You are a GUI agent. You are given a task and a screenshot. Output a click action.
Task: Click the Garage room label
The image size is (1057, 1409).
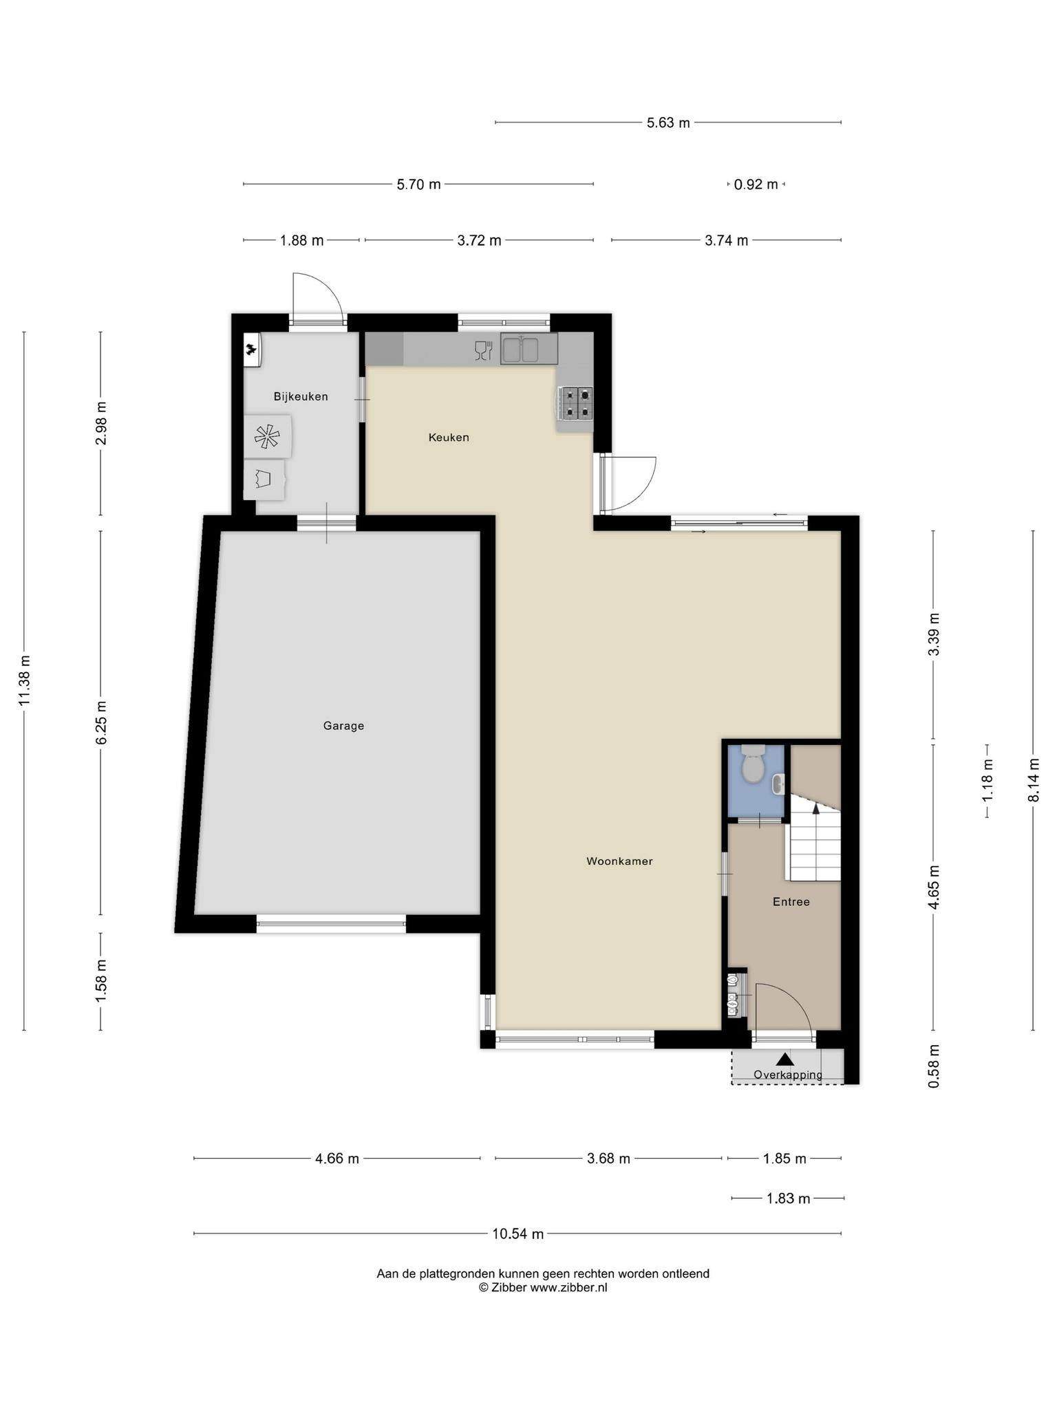pos(343,725)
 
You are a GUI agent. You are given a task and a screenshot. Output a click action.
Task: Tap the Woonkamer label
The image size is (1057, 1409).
pos(619,861)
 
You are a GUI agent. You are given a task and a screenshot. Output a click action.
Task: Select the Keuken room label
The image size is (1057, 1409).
pos(449,437)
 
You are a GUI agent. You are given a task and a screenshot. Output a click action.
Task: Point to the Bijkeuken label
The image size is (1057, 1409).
pos(301,396)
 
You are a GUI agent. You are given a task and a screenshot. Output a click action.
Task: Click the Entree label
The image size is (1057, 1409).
pos(791,901)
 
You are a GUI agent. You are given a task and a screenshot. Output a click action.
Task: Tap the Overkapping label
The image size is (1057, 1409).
pos(787,1075)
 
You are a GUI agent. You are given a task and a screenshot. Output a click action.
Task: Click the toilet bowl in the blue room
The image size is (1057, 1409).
pos(753,766)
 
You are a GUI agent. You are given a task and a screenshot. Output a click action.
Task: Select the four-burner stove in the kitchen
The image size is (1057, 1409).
pos(577,403)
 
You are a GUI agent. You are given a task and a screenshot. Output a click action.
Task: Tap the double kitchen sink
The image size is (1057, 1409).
pos(528,349)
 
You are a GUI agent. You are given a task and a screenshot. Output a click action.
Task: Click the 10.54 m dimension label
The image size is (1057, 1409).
pos(517,1234)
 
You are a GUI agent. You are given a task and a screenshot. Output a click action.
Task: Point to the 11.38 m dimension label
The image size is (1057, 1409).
pos(25,680)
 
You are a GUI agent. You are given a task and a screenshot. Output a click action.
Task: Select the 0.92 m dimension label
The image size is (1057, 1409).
pos(756,184)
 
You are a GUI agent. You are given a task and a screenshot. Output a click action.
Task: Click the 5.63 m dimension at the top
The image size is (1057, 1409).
pos(668,123)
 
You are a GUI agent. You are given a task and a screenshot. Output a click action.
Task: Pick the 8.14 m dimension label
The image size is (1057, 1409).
pos(1033,779)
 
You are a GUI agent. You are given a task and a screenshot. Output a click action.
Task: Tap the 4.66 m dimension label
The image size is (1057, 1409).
pos(337,1159)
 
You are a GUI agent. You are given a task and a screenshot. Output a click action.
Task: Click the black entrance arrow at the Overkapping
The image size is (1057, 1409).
pos(784,1059)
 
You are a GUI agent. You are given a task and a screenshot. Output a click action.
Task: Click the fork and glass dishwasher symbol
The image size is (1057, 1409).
pos(484,351)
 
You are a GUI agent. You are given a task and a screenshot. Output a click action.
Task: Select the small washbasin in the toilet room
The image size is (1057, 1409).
pos(778,784)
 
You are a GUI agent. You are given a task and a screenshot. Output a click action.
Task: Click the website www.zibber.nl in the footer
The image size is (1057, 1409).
pos(568,1288)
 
